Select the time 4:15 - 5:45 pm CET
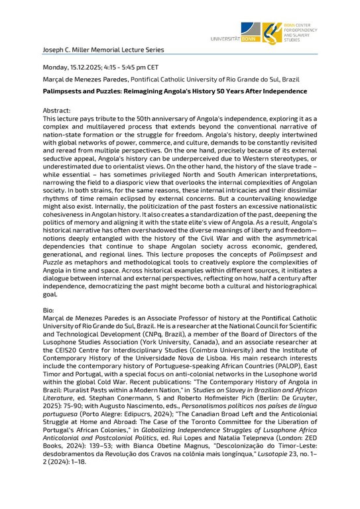pyautogui.click(x=135, y=67)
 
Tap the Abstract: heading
pyautogui.click(x=57, y=111)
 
